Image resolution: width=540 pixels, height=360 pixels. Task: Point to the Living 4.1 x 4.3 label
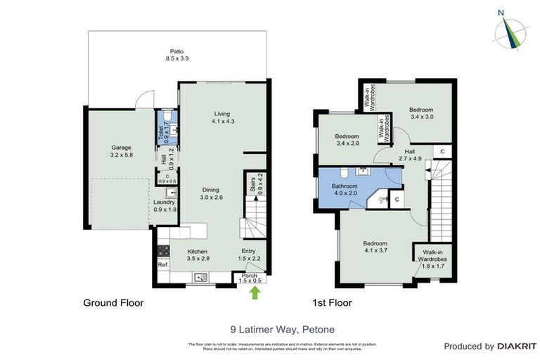pos(222,117)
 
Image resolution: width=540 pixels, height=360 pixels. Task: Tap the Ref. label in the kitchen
pos(162,264)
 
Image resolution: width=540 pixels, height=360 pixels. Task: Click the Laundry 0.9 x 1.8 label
pos(165,206)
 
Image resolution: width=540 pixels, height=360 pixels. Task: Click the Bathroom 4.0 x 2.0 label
pos(345,190)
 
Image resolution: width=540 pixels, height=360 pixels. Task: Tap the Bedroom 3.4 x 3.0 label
pos(421,114)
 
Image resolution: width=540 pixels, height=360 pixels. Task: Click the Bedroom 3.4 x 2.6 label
pos(347,140)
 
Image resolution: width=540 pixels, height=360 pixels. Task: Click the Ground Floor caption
pos(114,304)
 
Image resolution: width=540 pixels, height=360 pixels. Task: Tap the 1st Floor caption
pos(332,304)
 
